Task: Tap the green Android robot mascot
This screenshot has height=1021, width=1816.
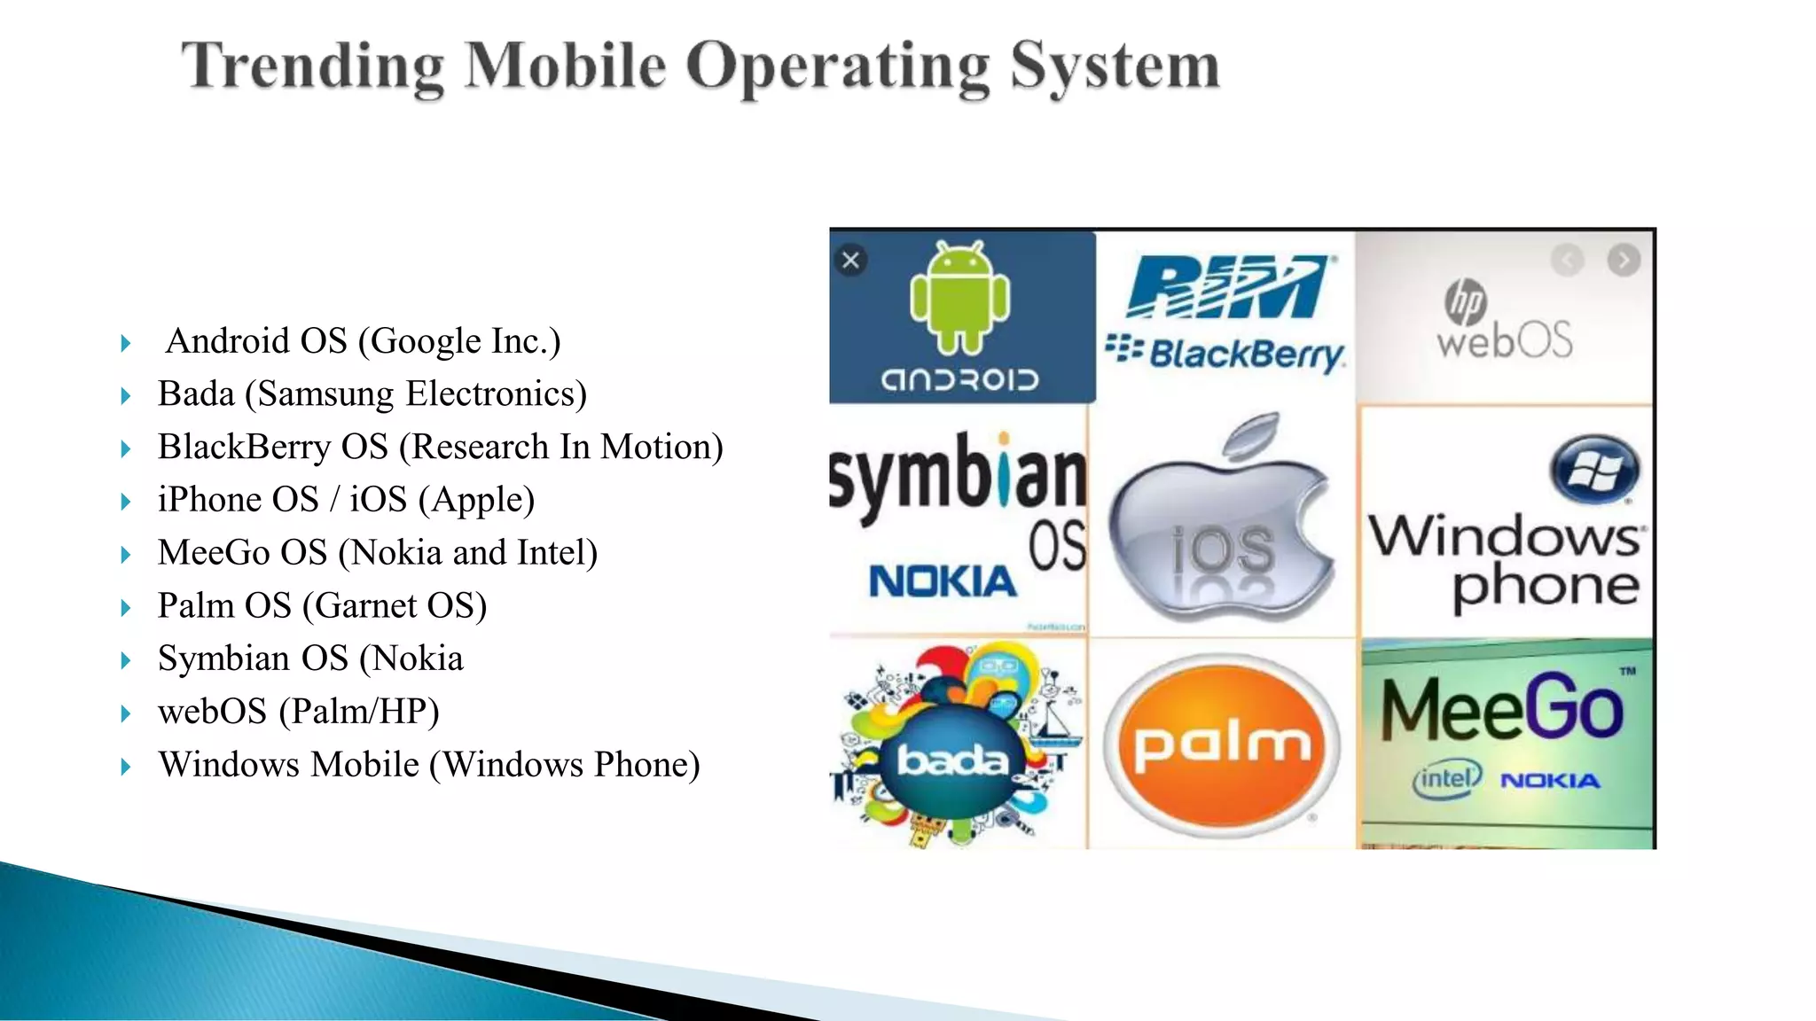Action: click(x=960, y=297)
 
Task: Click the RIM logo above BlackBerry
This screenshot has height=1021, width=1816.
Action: click(x=1227, y=286)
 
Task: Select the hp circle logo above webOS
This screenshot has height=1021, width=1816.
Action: click(x=1465, y=301)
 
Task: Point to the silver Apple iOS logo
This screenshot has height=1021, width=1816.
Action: click(x=1222, y=523)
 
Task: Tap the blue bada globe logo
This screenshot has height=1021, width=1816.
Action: click(x=951, y=760)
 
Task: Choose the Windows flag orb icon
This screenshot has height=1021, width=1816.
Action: click(x=1594, y=469)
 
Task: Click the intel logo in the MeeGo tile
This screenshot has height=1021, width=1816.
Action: click(x=1446, y=779)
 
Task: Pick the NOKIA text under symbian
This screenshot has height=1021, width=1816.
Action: click(x=943, y=582)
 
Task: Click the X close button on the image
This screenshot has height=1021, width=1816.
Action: click(x=851, y=261)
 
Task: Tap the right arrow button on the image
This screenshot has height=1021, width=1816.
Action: click(x=1624, y=261)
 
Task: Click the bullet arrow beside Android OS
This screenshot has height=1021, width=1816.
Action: click(x=126, y=343)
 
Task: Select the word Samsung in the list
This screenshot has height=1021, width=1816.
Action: click(x=325, y=394)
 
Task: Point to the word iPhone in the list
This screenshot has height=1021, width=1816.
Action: click(x=209, y=500)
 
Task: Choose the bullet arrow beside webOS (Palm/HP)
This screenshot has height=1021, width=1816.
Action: click(x=126, y=713)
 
